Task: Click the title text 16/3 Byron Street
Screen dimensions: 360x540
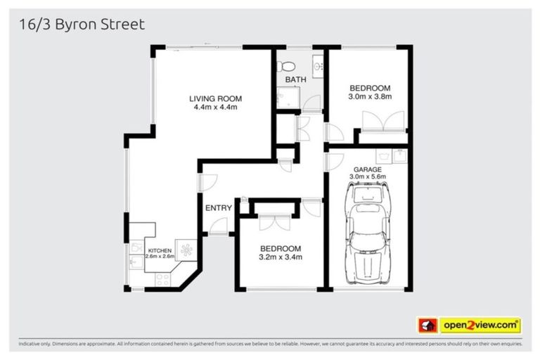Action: coord(79,25)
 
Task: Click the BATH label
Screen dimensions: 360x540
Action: coord(295,79)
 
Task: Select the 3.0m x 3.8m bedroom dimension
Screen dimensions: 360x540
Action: coord(371,97)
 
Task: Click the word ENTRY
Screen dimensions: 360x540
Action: coord(218,208)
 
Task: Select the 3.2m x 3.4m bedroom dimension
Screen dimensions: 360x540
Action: coord(281,257)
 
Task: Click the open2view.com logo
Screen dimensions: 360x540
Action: coord(480,325)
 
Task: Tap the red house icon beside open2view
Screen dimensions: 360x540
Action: coord(425,326)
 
